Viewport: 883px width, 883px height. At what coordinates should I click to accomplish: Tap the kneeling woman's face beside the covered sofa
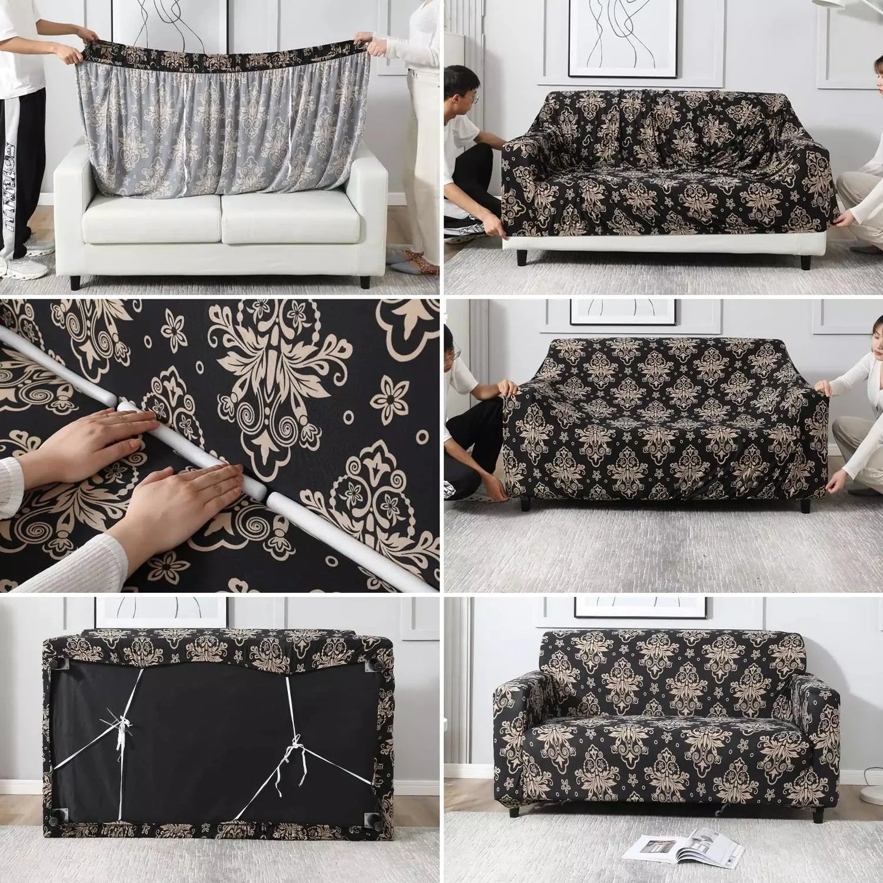pos(878,346)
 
